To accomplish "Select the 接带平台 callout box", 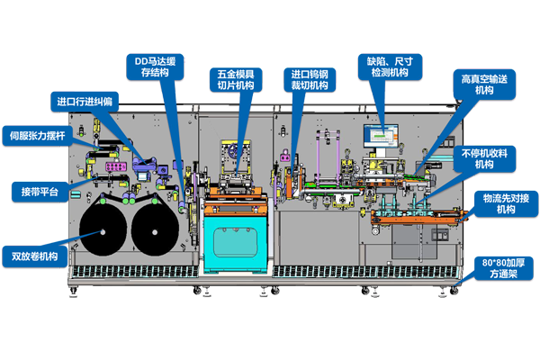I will point(40,193).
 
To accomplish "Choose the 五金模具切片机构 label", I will point(235,79).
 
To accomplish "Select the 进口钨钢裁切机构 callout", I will point(310,79).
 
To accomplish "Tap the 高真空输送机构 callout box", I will point(483,85).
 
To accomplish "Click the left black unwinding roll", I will point(104,231).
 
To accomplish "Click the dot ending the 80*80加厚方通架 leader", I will point(458,287).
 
